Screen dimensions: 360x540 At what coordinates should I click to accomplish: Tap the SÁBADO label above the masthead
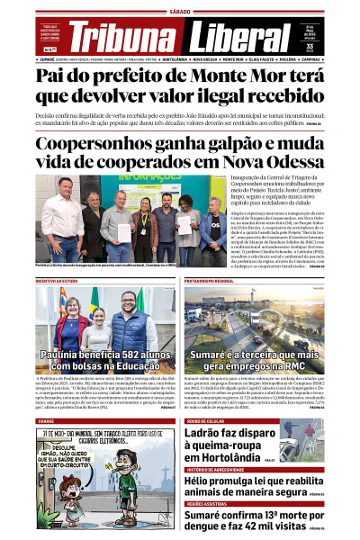coord(180,12)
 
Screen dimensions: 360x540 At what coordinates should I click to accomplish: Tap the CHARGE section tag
coord(45,420)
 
